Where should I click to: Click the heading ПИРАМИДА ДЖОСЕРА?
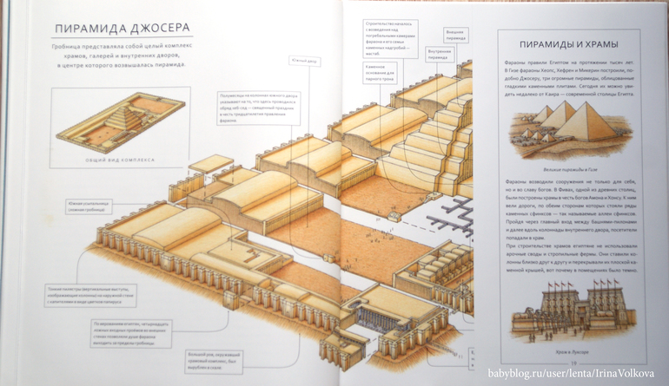(118, 29)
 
